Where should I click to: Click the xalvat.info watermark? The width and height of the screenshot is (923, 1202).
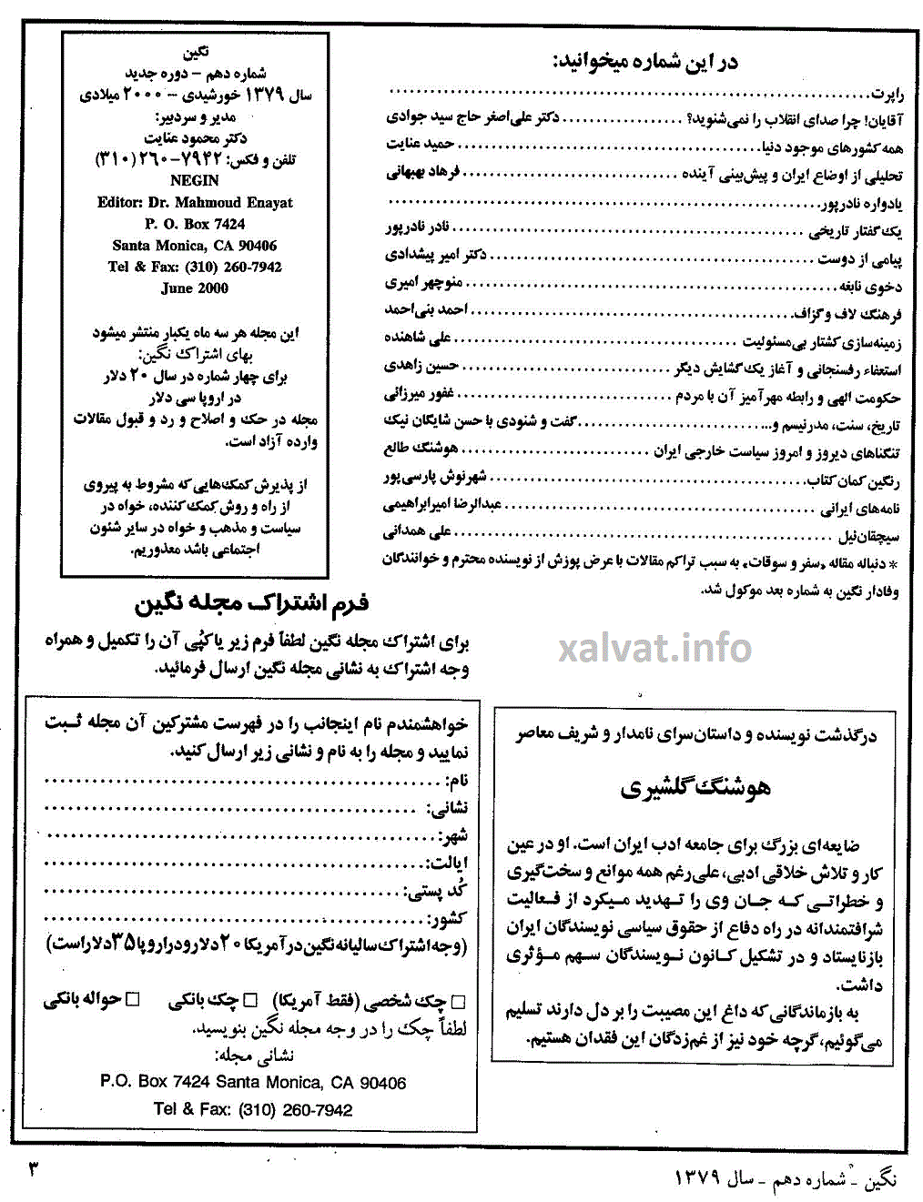(654, 648)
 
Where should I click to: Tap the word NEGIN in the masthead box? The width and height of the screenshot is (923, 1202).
(195, 180)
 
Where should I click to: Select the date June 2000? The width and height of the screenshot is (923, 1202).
(195, 288)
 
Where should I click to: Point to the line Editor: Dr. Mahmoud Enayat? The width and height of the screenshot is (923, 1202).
(195, 202)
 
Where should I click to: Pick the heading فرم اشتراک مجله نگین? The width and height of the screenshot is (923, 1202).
(252, 602)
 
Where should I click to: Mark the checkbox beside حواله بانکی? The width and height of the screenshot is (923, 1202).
(133, 1000)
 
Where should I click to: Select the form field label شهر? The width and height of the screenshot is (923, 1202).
(452, 836)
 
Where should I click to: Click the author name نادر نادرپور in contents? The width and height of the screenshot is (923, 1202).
(417, 227)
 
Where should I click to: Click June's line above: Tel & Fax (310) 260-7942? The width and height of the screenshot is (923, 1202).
(195, 267)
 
